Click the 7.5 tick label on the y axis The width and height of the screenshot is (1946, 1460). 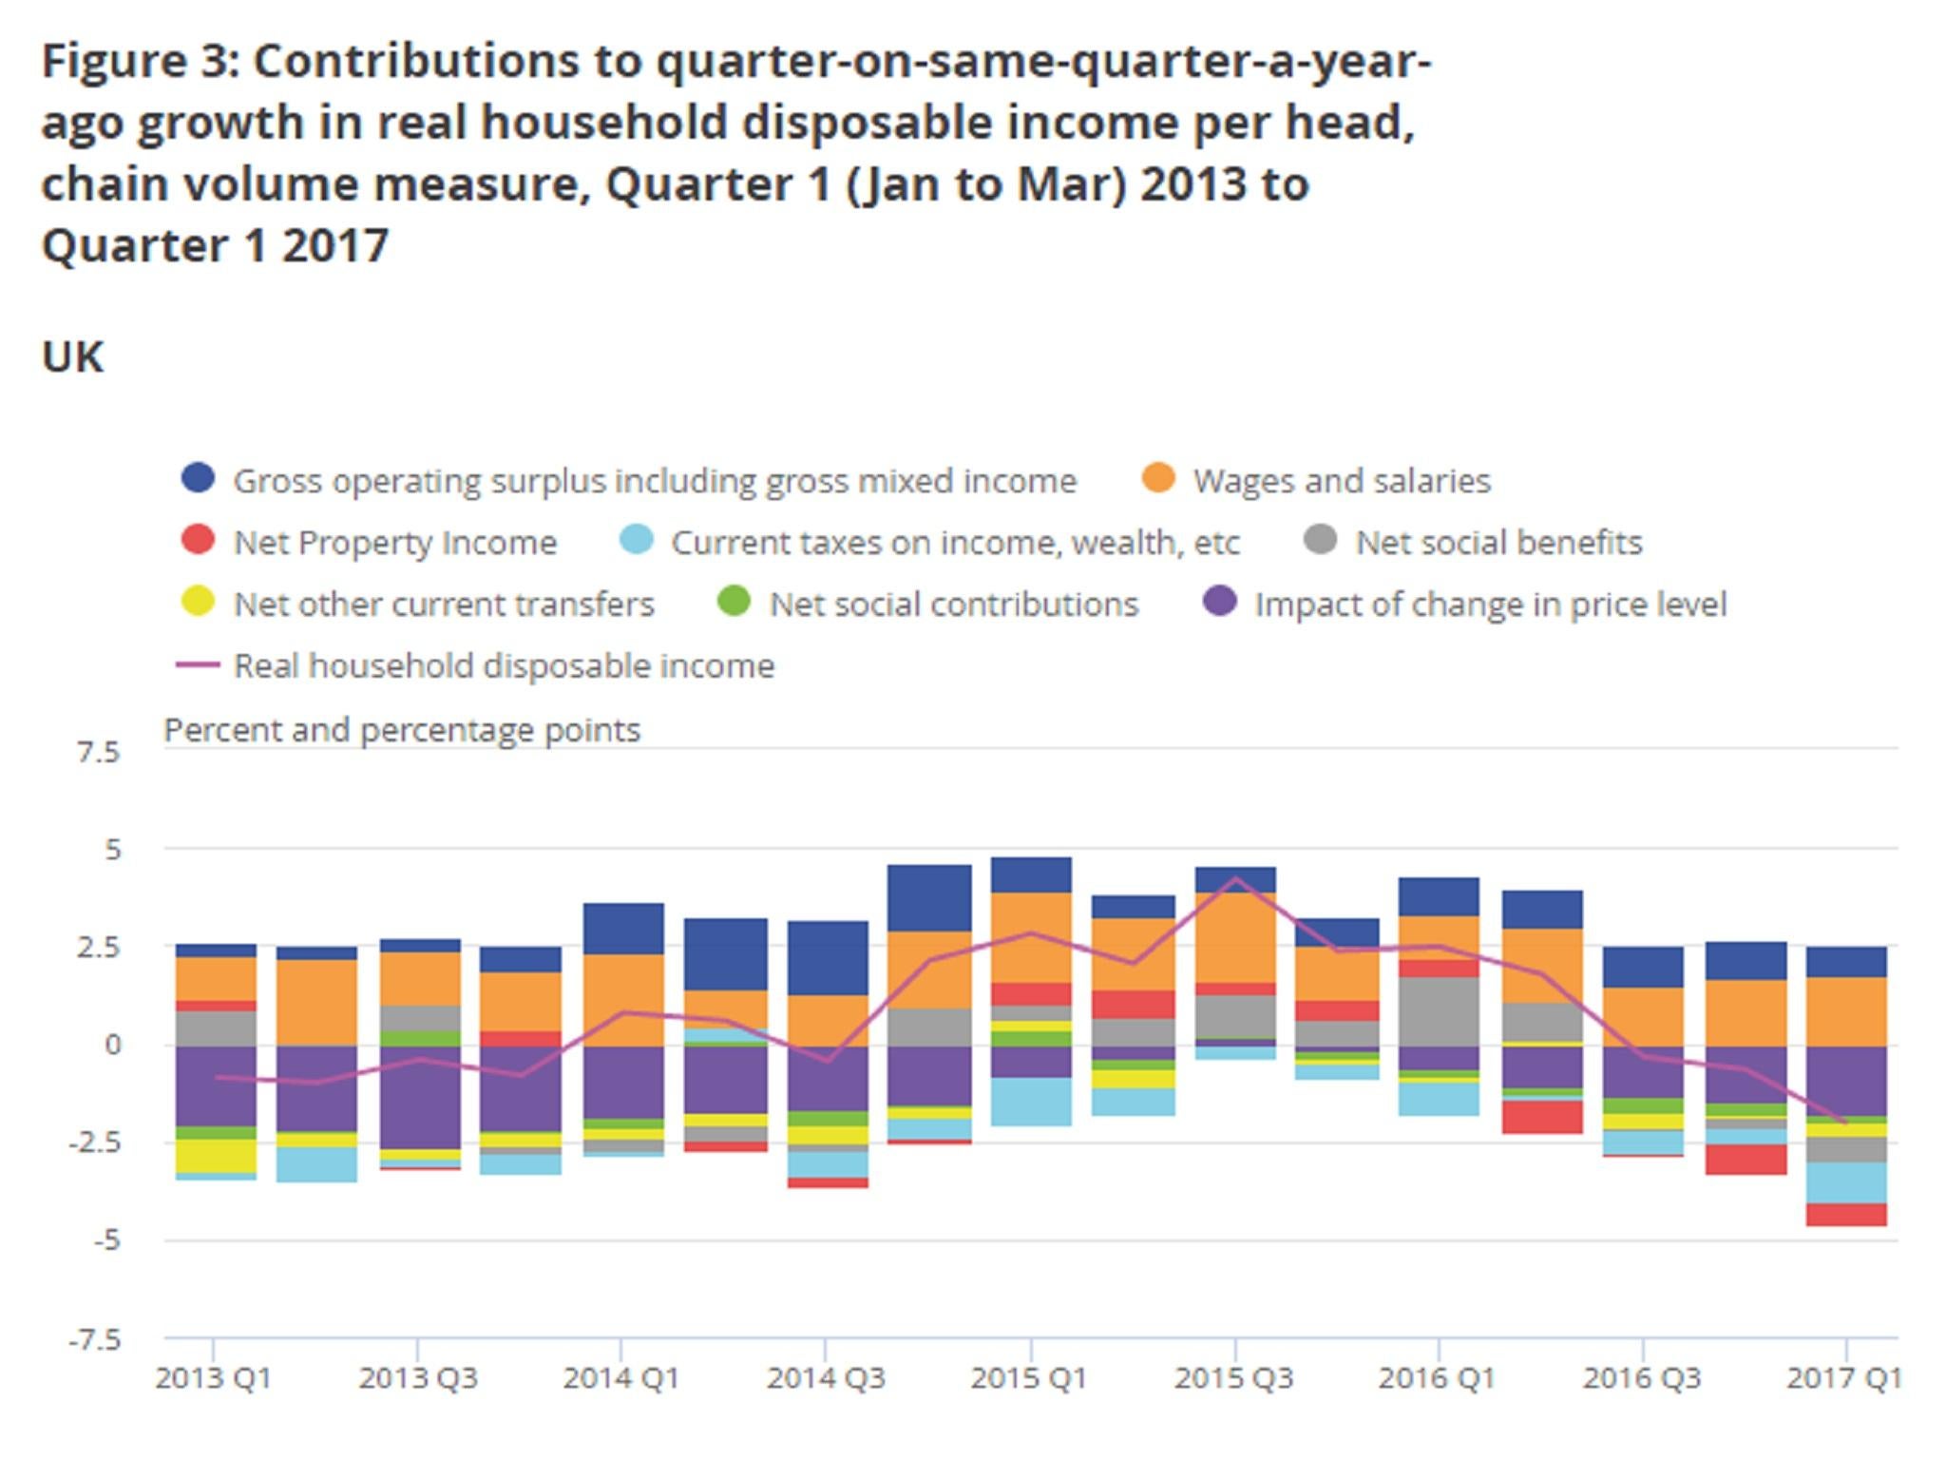(x=99, y=753)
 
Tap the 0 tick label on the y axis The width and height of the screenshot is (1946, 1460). (x=113, y=1045)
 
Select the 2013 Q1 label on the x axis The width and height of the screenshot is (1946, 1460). (x=213, y=1378)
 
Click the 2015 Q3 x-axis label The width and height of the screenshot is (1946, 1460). (x=1233, y=1378)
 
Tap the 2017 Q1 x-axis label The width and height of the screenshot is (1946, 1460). (x=1843, y=1378)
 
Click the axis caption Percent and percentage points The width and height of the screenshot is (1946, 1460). (x=402, y=730)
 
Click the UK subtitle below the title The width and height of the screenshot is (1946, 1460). (x=72, y=357)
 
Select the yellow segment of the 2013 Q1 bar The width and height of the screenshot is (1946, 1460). (x=216, y=1156)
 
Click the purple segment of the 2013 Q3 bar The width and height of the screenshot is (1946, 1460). (x=420, y=1097)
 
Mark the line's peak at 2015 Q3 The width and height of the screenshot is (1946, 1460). (x=1235, y=878)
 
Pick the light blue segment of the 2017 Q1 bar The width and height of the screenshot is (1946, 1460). (x=1845, y=1182)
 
